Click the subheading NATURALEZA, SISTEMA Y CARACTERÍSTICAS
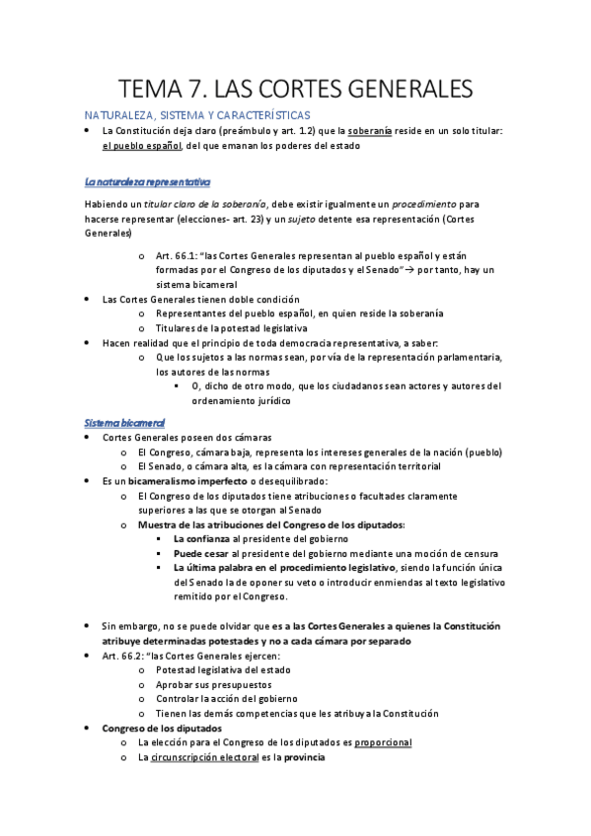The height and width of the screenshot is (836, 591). click(197, 115)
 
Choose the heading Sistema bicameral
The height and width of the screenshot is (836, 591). click(124, 422)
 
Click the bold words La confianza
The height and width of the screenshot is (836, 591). click(206, 539)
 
